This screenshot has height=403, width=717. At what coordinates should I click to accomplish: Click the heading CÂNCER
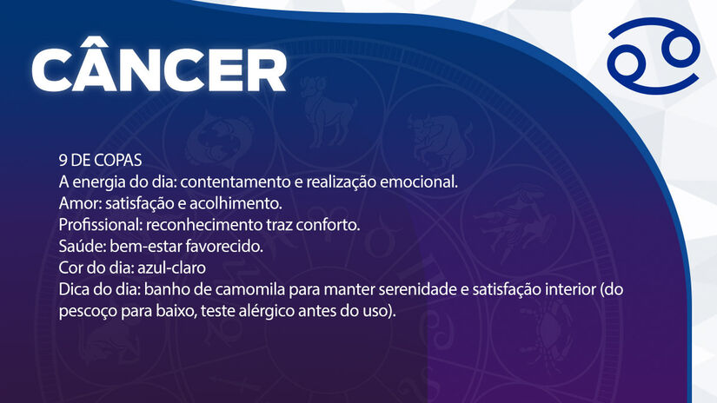159,68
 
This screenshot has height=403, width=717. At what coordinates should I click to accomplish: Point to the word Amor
76,203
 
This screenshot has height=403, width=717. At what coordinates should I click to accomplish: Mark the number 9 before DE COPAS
63,162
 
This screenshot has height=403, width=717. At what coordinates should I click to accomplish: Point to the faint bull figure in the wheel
440,139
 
